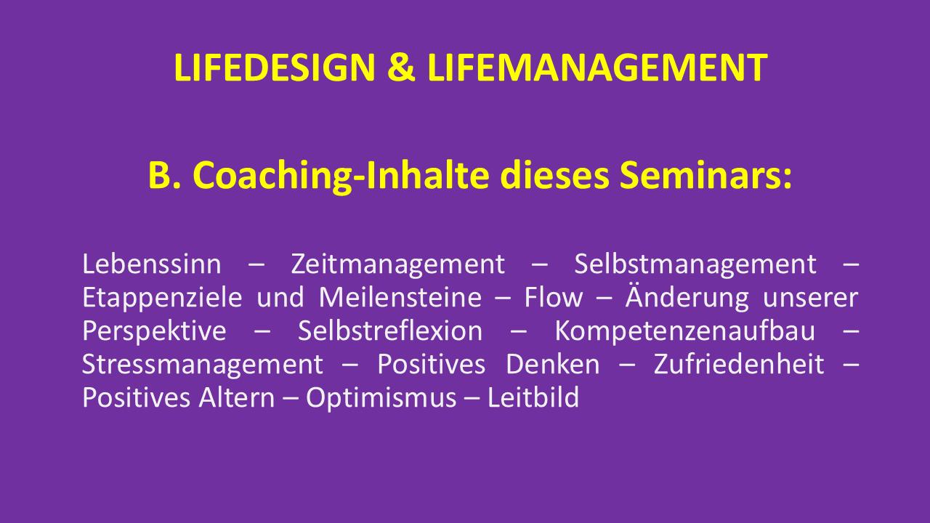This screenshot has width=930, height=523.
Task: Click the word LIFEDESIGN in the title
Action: [275, 68]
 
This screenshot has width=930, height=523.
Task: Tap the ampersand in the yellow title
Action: [401, 68]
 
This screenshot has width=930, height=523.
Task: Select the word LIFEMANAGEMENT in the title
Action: [597, 68]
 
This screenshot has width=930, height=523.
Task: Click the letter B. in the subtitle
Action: [164, 175]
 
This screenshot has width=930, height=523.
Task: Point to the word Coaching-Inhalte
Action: [341, 176]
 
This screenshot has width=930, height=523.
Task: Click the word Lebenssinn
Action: [152, 264]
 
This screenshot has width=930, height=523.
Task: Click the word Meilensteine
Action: [400, 297]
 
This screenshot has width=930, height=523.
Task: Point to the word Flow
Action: [554, 297]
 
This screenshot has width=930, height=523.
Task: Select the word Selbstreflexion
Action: [390, 331]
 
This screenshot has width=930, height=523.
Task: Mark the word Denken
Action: [553, 365]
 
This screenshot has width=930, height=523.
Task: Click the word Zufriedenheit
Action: [739, 365]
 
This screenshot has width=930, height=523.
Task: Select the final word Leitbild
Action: [533, 397]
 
